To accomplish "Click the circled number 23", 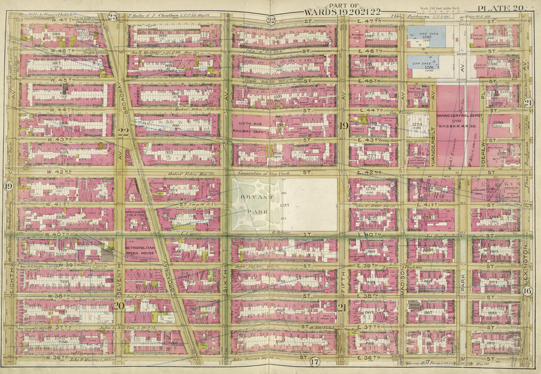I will click(112, 16).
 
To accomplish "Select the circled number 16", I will click(527, 291).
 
